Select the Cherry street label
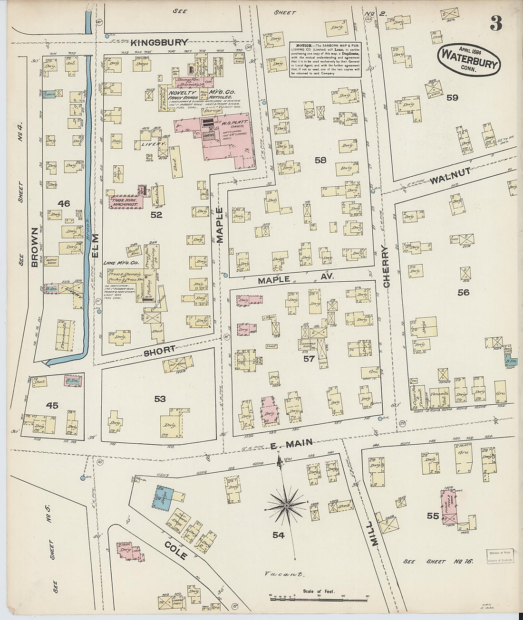pos(386,267)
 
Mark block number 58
pos(320,160)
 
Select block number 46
pos(63,203)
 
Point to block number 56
pos(463,293)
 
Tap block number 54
pos(279,535)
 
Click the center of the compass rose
pos(287,507)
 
